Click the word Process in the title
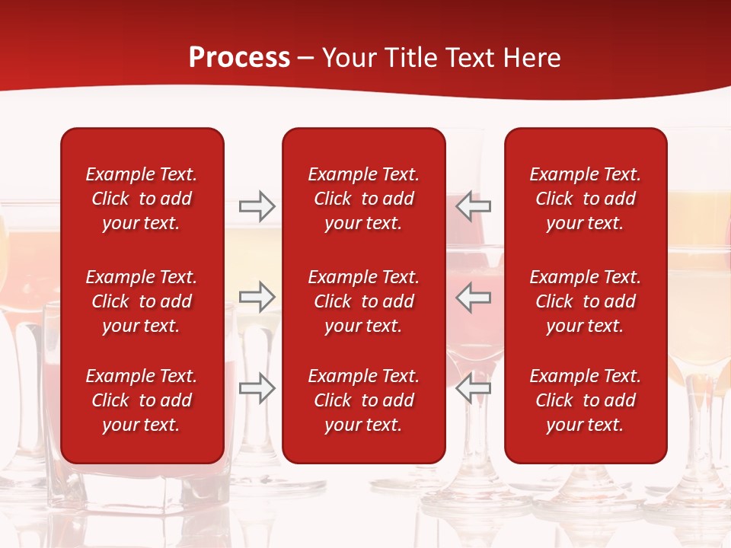239,58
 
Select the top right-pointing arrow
257,206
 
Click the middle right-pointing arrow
257,297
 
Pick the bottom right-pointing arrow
257,387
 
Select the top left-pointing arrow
474,206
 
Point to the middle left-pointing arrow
474,297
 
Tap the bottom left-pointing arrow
474,387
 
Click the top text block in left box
142,199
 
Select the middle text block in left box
142,301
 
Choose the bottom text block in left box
142,400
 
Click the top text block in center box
363,199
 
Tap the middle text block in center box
363,301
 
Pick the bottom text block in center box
363,400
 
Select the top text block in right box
585,199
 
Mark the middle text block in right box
585,301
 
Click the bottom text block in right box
585,400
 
